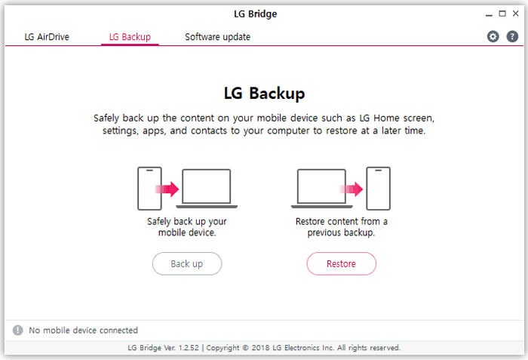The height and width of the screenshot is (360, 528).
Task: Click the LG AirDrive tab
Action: (x=47, y=37)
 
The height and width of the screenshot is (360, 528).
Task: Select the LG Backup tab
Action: (x=130, y=37)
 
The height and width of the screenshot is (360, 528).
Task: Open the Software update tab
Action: (x=217, y=37)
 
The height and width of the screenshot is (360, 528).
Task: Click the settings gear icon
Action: (x=493, y=37)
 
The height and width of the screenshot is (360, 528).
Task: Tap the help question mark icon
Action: (x=513, y=37)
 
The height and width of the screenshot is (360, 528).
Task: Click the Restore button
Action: (x=341, y=264)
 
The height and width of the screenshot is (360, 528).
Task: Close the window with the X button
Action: (x=516, y=14)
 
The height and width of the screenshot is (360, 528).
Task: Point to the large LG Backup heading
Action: (x=264, y=94)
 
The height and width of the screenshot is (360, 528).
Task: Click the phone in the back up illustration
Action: (x=150, y=189)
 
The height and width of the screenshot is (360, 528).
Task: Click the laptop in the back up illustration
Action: (x=207, y=189)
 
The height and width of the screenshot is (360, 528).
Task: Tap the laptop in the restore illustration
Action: (x=321, y=189)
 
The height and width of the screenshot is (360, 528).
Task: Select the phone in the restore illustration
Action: (x=378, y=189)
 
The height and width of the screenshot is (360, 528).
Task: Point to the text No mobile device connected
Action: (x=83, y=331)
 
